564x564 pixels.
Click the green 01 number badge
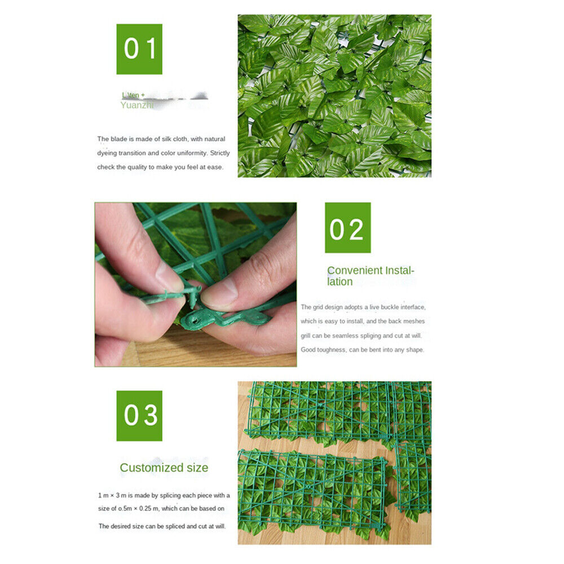pos(139,49)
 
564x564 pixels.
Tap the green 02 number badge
pos(347,227)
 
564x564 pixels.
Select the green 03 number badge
pos(139,416)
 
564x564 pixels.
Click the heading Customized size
pos(164,468)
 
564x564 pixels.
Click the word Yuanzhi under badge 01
pos(136,105)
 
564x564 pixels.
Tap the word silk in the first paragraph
pos(164,139)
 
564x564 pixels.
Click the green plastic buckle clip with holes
pos(226,319)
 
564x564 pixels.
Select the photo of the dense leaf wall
pos(334,96)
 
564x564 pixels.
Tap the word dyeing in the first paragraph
pos(107,153)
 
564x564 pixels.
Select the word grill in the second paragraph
pos(306,336)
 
